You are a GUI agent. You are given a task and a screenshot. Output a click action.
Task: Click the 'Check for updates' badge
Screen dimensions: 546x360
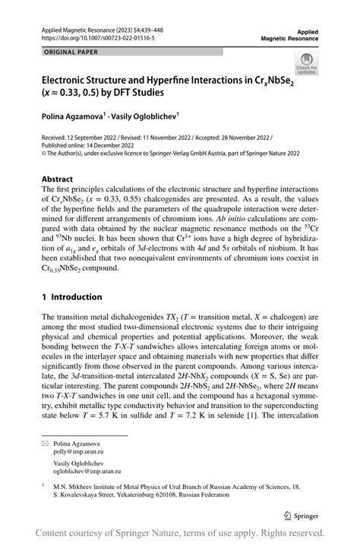point(308,63)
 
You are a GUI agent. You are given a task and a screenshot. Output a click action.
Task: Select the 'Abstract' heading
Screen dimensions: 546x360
point(58,179)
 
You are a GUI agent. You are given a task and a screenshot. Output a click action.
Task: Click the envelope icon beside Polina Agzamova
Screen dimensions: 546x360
point(45,441)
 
